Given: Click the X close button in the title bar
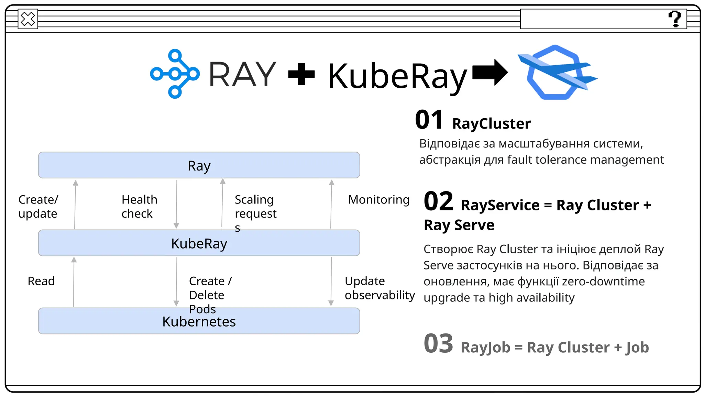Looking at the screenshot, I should click(28, 19).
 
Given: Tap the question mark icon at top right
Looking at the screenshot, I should click(674, 19).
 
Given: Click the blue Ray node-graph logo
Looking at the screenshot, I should click(175, 74).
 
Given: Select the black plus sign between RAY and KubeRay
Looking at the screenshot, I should click(301, 74).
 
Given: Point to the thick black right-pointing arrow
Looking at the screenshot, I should click(490, 73).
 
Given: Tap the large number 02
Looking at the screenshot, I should click(438, 201).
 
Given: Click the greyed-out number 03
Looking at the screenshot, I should click(438, 343).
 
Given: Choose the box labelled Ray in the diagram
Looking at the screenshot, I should click(199, 165).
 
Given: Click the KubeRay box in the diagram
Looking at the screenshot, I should click(199, 243).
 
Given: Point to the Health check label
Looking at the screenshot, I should click(139, 206).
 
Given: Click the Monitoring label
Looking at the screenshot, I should click(378, 200).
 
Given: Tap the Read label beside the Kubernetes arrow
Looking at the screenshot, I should click(41, 281).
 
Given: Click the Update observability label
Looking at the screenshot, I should click(379, 288).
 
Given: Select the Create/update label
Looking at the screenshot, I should click(38, 206).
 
